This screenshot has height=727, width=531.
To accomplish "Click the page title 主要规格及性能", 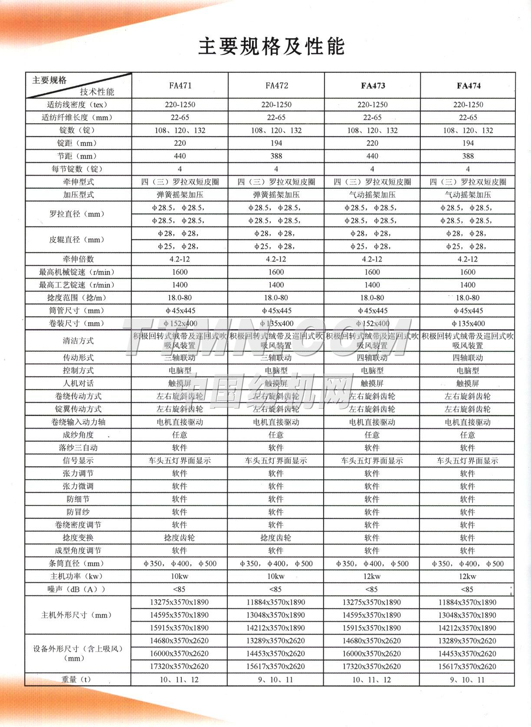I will click(x=272, y=46).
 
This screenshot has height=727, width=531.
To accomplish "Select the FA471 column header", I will click(x=180, y=85).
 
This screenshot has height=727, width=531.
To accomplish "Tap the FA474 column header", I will click(x=468, y=85).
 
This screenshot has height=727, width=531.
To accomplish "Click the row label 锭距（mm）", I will click(x=78, y=143).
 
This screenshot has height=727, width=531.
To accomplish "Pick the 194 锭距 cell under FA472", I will click(x=276, y=143).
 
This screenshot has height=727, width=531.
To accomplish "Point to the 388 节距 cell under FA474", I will click(x=468, y=156).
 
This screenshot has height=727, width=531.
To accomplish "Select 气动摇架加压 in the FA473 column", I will click(x=372, y=195).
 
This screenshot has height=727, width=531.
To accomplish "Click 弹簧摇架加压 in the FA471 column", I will click(x=180, y=195).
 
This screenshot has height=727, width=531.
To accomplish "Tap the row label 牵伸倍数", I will click(x=78, y=259).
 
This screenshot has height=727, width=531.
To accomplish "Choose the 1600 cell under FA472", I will click(x=276, y=272).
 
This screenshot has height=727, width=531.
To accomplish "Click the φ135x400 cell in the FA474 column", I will click(x=468, y=324).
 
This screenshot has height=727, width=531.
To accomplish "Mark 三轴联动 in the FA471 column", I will click(x=180, y=358).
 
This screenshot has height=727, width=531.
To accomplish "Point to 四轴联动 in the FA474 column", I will click(x=468, y=358).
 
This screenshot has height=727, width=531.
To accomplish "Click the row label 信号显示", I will click(x=78, y=461).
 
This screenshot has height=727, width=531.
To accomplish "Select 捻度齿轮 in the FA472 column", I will click(x=276, y=538).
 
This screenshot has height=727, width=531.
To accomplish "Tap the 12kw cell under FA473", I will click(x=372, y=576).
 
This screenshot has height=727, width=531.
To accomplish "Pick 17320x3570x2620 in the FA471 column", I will click(x=180, y=666).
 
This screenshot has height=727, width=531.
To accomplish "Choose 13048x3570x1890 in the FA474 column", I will click(x=468, y=615).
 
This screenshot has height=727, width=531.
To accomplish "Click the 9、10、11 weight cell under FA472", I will click(x=276, y=680).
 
